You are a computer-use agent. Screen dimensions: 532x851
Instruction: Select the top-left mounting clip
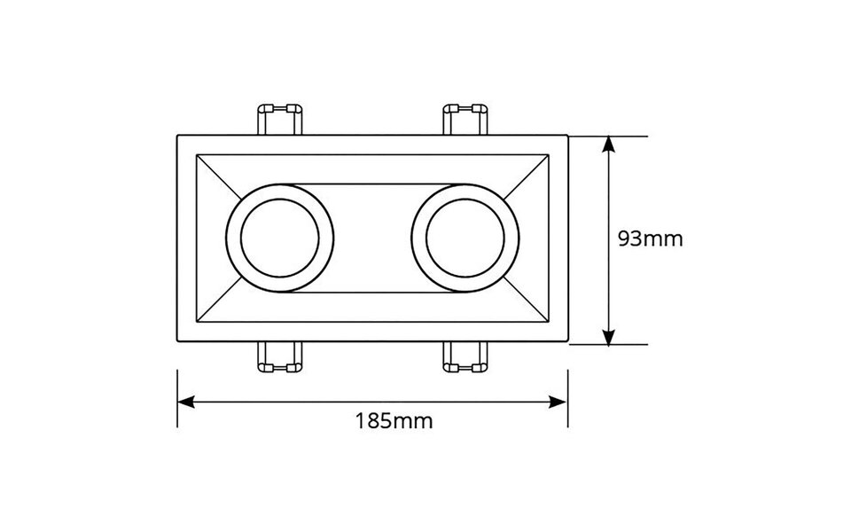(279, 119)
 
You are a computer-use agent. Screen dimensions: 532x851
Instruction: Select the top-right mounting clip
(465, 119)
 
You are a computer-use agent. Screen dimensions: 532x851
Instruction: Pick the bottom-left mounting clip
(279, 357)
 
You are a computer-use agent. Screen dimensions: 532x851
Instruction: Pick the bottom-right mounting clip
(465, 357)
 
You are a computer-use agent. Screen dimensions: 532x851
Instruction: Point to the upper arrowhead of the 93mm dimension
(609, 143)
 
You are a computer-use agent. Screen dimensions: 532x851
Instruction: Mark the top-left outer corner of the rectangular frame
(178, 136)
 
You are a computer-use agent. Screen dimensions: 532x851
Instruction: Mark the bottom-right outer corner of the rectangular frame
(567, 342)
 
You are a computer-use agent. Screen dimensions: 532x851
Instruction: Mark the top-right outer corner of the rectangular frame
(567, 136)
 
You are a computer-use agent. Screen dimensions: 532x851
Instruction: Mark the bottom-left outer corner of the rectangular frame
(178, 342)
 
